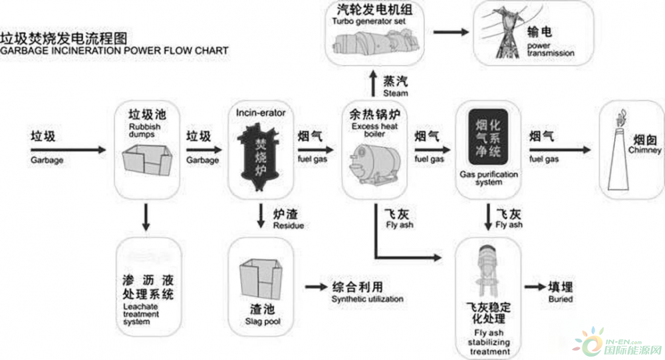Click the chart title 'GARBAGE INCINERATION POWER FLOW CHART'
[114, 50]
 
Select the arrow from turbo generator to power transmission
[452, 31]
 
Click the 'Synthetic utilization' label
[367, 299]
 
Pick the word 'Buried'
[560, 299]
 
